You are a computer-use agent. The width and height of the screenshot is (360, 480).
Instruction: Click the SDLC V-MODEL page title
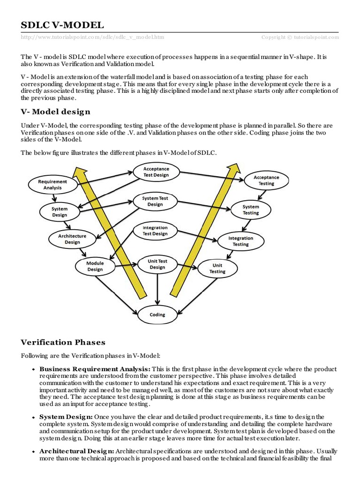[62, 25]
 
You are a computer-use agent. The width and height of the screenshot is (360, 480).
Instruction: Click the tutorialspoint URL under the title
[92, 37]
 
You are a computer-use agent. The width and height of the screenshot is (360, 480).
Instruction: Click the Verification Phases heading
[63, 342]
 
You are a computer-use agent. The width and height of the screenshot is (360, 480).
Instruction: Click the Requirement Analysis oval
[52, 185]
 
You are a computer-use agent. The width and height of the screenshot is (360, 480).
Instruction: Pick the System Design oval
[60, 212]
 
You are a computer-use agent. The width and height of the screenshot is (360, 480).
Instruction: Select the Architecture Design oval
[72, 239]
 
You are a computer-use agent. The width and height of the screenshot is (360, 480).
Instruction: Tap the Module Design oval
[95, 266]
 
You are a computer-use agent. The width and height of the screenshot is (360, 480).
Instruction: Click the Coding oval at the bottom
[157, 315]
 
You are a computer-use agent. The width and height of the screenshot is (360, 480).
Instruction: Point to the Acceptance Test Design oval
[156, 172]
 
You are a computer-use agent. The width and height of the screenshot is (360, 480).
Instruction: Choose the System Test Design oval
[155, 202]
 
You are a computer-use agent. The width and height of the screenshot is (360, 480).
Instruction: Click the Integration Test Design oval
[155, 231]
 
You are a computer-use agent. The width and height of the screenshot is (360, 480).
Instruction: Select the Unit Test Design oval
[157, 264]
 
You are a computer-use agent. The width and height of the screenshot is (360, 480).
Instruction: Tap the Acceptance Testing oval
[266, 180]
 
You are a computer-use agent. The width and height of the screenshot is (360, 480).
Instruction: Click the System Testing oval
[250, 210]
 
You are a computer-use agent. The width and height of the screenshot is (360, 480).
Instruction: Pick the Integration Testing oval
[240, 241]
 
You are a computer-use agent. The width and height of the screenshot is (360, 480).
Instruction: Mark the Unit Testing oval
[217, 268]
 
